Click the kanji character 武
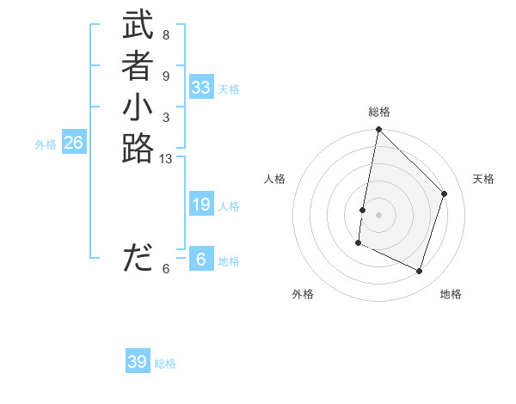138,27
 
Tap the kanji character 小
138,109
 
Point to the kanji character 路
138,148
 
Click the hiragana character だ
138,258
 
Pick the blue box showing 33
201,88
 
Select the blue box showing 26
74,143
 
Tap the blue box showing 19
201,205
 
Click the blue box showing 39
138,362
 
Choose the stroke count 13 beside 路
166,159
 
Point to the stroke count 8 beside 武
165,35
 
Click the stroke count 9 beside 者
165,76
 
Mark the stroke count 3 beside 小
165,117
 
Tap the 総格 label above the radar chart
379,112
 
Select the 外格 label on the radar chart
303,294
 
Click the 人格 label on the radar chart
275,179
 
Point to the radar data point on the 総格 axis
378,130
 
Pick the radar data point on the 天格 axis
445,193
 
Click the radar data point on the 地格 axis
420,272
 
